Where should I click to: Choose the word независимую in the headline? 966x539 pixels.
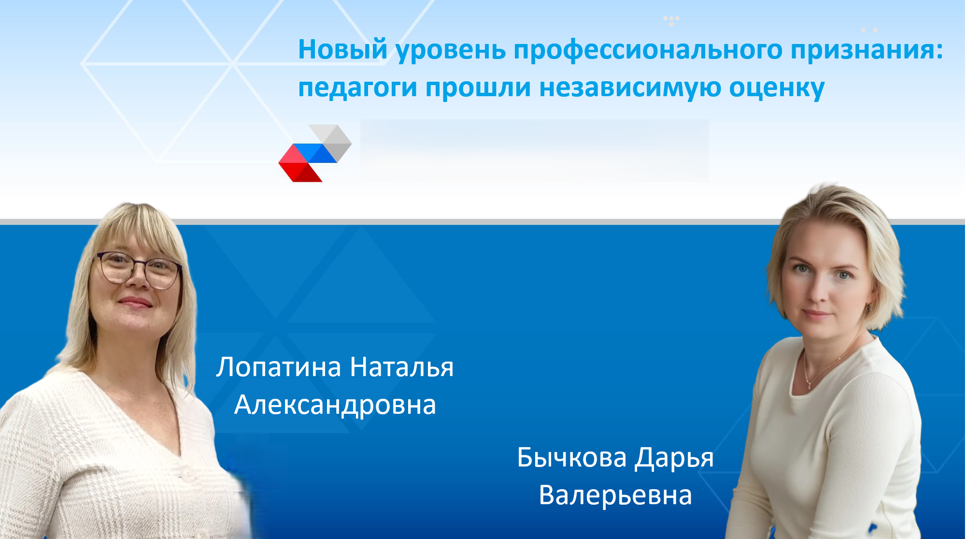pos(630,89)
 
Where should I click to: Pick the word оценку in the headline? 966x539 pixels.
pos(777,89)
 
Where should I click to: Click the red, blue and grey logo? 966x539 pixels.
pos(315,153)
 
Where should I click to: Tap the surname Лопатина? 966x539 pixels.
pos(279,367)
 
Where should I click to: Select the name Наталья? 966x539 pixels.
pos(402,367)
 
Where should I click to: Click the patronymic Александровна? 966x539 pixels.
pos(335,405)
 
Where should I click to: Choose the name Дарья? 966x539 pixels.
pos(674,458)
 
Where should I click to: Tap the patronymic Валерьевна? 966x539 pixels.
pos(615,495)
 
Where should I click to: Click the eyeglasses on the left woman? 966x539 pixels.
pos(138,269)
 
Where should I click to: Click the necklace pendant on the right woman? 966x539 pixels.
pos(810,385)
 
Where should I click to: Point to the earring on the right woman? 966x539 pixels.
pos(869,307)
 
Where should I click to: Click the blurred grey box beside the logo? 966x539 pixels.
pos(534,151)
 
